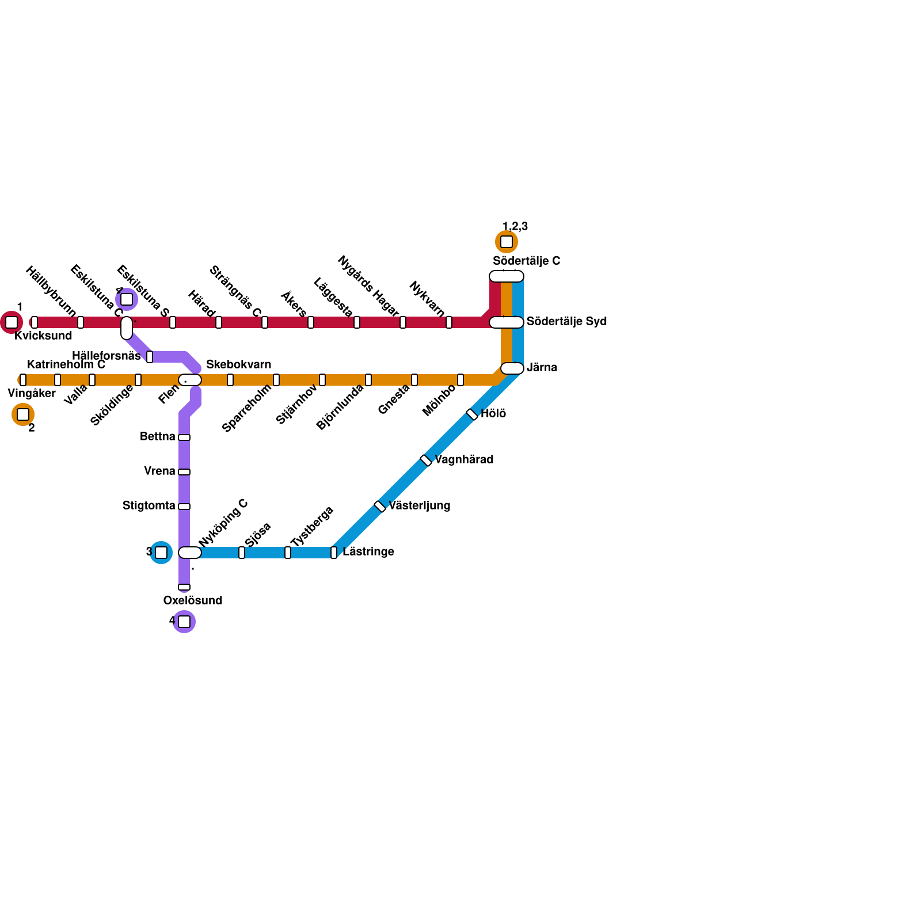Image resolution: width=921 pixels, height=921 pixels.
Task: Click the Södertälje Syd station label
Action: tap(566, 321)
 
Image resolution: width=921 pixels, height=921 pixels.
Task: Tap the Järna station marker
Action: tap(512, 368)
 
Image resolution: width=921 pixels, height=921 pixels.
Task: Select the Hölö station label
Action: tap(493, 413)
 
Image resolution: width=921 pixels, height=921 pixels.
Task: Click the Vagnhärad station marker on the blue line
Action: tap(426, 461)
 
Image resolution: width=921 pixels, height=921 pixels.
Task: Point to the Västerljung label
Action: tap(419, 505)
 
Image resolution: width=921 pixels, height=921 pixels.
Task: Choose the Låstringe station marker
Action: tap(334, 553)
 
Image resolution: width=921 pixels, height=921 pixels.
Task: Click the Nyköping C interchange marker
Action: tap(189, 553)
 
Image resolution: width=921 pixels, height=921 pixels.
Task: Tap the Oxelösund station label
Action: tap(192, 600)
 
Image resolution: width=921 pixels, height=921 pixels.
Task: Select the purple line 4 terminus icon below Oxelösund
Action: tap(184, 622)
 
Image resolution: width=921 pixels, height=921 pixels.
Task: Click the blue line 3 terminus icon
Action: tap(161, 553)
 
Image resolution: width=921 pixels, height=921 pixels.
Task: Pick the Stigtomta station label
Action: tap(149, 505)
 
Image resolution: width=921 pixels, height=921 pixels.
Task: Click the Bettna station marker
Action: tap(184, 437)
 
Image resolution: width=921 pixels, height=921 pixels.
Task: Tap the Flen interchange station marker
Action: tap(189, 380)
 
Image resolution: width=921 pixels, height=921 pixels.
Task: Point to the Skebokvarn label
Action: tap(238, 364)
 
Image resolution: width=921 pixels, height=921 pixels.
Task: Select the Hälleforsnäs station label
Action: tap(106, 356)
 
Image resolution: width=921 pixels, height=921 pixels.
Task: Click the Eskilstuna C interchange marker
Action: tap(127, 328)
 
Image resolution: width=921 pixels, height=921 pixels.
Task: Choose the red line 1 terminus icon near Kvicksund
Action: tap(12, 322)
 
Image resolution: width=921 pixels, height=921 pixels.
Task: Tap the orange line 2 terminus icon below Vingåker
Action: tap(23, 414)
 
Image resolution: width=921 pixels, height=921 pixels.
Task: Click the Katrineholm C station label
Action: tap(66, 364)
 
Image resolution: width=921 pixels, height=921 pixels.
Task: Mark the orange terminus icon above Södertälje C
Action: tap(507, 242)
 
